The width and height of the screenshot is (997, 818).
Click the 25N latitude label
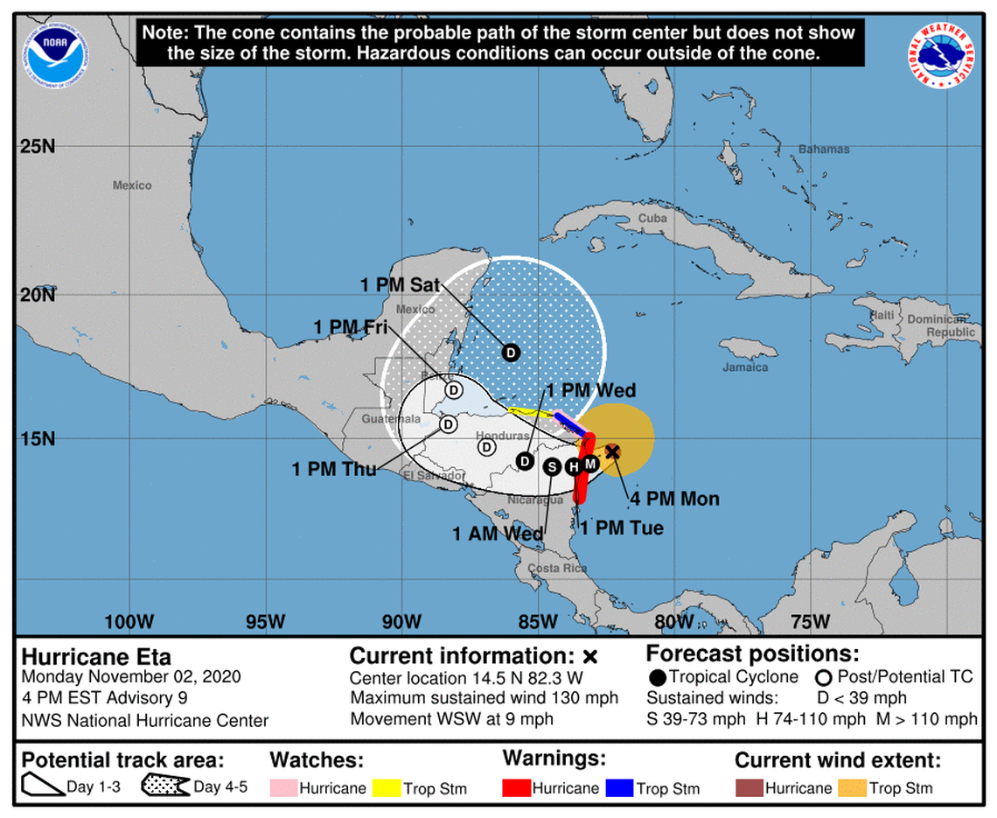coord(38,146)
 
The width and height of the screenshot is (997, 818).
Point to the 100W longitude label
coord(129,622)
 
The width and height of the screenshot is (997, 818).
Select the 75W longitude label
coord(809,622)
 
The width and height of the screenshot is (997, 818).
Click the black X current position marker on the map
coord(613,451)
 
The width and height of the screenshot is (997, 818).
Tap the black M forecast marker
coord(590,462)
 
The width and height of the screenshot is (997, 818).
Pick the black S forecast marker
coord(552,466)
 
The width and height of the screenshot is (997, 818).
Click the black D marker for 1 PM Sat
coord(511,353)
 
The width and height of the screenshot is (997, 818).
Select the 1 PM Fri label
coord(350,327)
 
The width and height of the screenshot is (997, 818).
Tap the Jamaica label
coord(745,367)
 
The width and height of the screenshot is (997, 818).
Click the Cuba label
coord(652,218)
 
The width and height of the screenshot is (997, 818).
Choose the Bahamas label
coord(824,150)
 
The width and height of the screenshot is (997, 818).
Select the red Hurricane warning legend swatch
coord(517,787)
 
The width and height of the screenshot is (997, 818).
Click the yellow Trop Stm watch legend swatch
coord(386,787)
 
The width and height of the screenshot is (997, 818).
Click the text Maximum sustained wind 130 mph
coord(485,698)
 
